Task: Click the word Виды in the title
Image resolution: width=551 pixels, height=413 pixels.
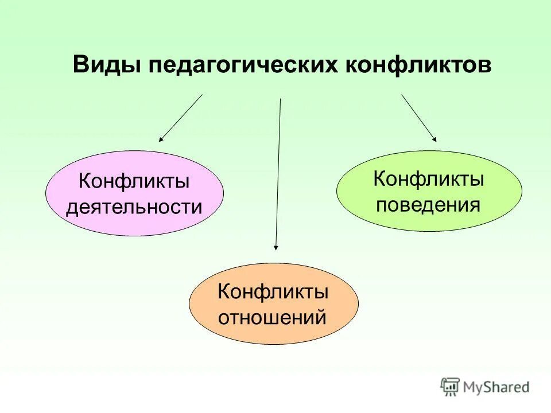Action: tap(107, 65)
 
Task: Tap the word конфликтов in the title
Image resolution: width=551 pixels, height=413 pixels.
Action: tap(420, 65)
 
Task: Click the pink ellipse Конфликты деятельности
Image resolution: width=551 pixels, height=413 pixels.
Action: tap(134, 193)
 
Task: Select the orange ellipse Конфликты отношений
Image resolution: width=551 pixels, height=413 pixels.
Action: tap(273, 303)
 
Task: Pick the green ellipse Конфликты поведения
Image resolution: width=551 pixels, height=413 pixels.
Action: tap(429, 191)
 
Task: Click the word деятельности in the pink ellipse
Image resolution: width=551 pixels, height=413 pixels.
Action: tap(134, 206)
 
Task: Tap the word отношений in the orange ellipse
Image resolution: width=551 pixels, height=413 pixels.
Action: tap(273, 317)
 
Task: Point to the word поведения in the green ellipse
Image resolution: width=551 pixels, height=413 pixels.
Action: tap(428, 204)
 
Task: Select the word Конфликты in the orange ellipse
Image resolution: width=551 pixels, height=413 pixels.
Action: tap(273, 291)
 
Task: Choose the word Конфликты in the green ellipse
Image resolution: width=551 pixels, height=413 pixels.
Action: tap(428, 179)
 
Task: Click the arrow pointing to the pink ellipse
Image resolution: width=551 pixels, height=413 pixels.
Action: tap(181, 118)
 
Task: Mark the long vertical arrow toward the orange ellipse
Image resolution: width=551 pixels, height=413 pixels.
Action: tap(278, 172)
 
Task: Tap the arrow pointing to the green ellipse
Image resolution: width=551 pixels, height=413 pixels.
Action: tap(419, 118)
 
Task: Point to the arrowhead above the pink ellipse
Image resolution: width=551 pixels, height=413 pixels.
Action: tap(161, 139)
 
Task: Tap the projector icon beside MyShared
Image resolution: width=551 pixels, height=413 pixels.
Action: tap(451, 387)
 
